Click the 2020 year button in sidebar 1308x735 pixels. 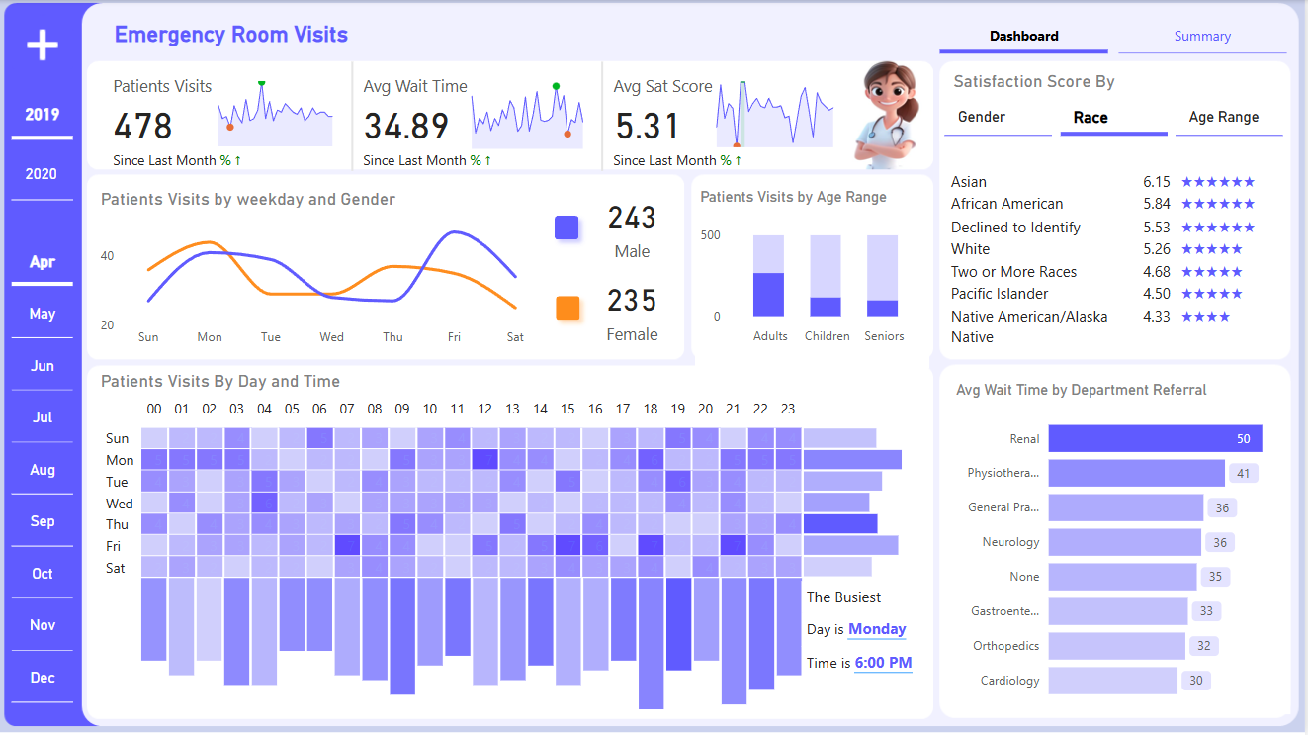42,174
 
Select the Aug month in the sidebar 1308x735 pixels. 42,470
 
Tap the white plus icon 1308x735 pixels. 42,45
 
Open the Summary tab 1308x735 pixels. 1202,37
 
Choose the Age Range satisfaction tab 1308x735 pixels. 1223,117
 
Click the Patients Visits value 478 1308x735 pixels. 143,127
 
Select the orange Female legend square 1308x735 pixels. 567,308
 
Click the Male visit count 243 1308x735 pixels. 632,218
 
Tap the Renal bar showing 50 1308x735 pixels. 1154,439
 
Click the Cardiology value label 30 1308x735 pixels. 1196,681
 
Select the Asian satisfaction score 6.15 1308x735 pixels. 1156,182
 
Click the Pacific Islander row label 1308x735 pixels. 1000,294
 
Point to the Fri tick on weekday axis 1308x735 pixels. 454,337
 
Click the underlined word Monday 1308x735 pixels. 877,629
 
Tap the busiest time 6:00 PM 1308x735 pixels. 883,663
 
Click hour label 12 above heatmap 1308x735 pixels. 484,409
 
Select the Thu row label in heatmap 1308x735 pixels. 117,524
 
